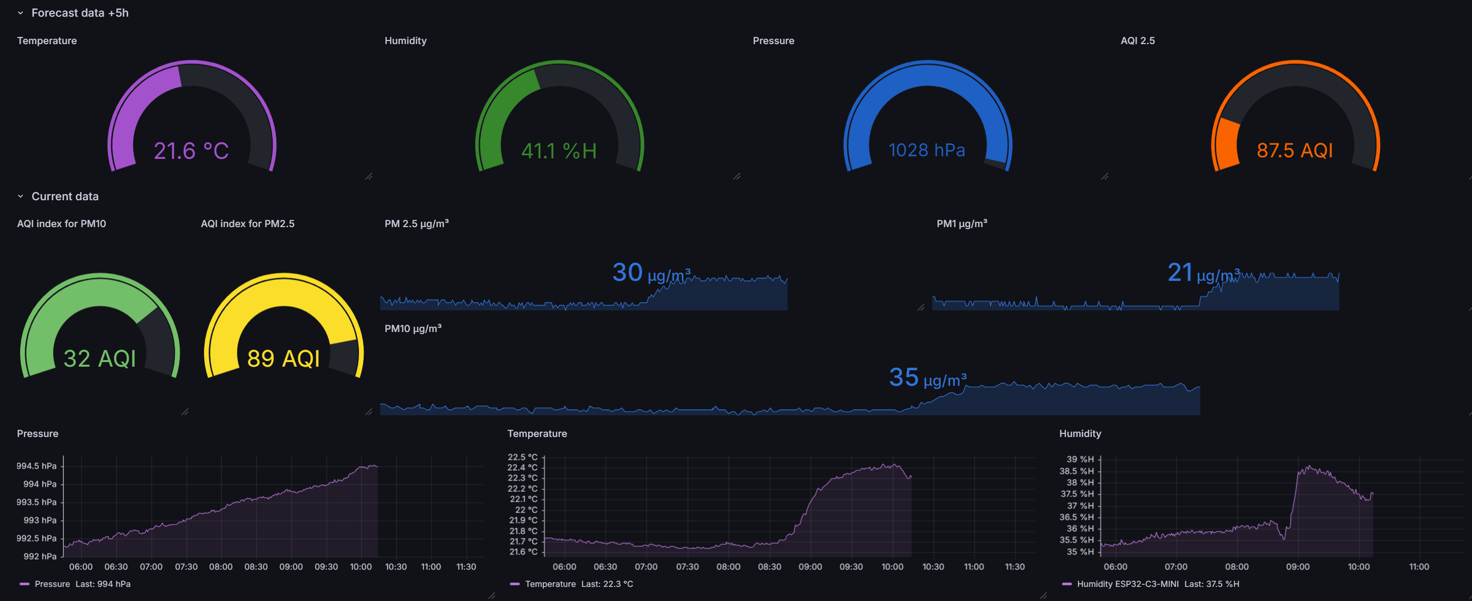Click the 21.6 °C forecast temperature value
[191, 151]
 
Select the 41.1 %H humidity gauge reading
[559, 151]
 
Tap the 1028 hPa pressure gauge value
[927, 150]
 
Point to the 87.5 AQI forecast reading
[1295, 150]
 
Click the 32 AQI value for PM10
[99, 359]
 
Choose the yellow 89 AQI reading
[283, 359]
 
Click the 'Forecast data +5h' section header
[80, 13]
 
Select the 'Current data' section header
[64, 196]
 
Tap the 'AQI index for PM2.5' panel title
[247, 224]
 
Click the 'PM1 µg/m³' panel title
[962, 224]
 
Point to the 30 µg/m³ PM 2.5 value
[651, 273]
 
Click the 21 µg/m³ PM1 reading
[1203, 273]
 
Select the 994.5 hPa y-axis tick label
[36, 466]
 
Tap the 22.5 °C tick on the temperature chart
[523, 457]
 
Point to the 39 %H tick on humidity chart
[1080, 459]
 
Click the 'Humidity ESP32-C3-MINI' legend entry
[1127, 584]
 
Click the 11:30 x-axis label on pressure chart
[466, 567]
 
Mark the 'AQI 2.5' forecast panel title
[1137, 41]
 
